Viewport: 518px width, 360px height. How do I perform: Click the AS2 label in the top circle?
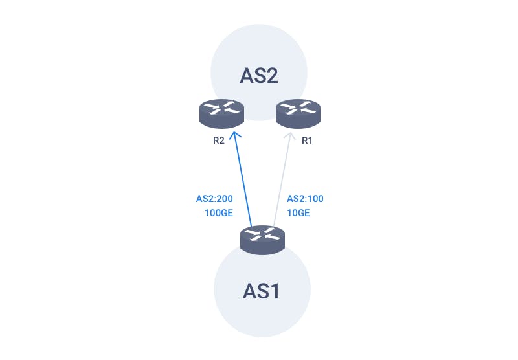pyautogui.click(x=259, y=76)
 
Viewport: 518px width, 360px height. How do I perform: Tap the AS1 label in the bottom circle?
pyautogui.click(x=261, y=291)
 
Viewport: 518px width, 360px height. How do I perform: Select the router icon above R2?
pyautogui.click(x=221, y=113)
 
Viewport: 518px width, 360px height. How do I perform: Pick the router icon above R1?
pyautogui.click(x=298, y=113)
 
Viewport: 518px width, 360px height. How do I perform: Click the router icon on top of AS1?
pyautogui.click(x=262, y=240)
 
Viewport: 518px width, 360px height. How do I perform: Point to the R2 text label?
pyautogui.click(x=219, y=141)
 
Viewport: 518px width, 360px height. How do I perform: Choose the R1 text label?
pyautogui.click(x=307, y=141)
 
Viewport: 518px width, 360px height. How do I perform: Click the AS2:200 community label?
pyautogui.click(x=214, y=199)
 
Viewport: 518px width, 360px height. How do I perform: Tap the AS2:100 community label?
pyautogui.click(x=305, y=199)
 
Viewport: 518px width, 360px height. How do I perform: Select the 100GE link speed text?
pyautogui.click(x=219, y=213)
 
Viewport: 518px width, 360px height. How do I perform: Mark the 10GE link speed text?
pyautogui.click(x=298, y=213)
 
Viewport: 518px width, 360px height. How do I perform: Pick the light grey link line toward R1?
pyautogui.click(x=282, y=179)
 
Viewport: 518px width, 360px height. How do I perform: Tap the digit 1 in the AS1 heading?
pyautogui.click(x=275, y=291)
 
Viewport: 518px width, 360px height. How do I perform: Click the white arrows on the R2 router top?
pyautogui.click(x=221, y=108)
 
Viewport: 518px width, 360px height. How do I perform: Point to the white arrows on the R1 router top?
pyautogui.click(x=298, y=108)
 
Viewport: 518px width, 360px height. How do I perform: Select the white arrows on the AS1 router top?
pyautogui.click(x=262, y=234)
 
